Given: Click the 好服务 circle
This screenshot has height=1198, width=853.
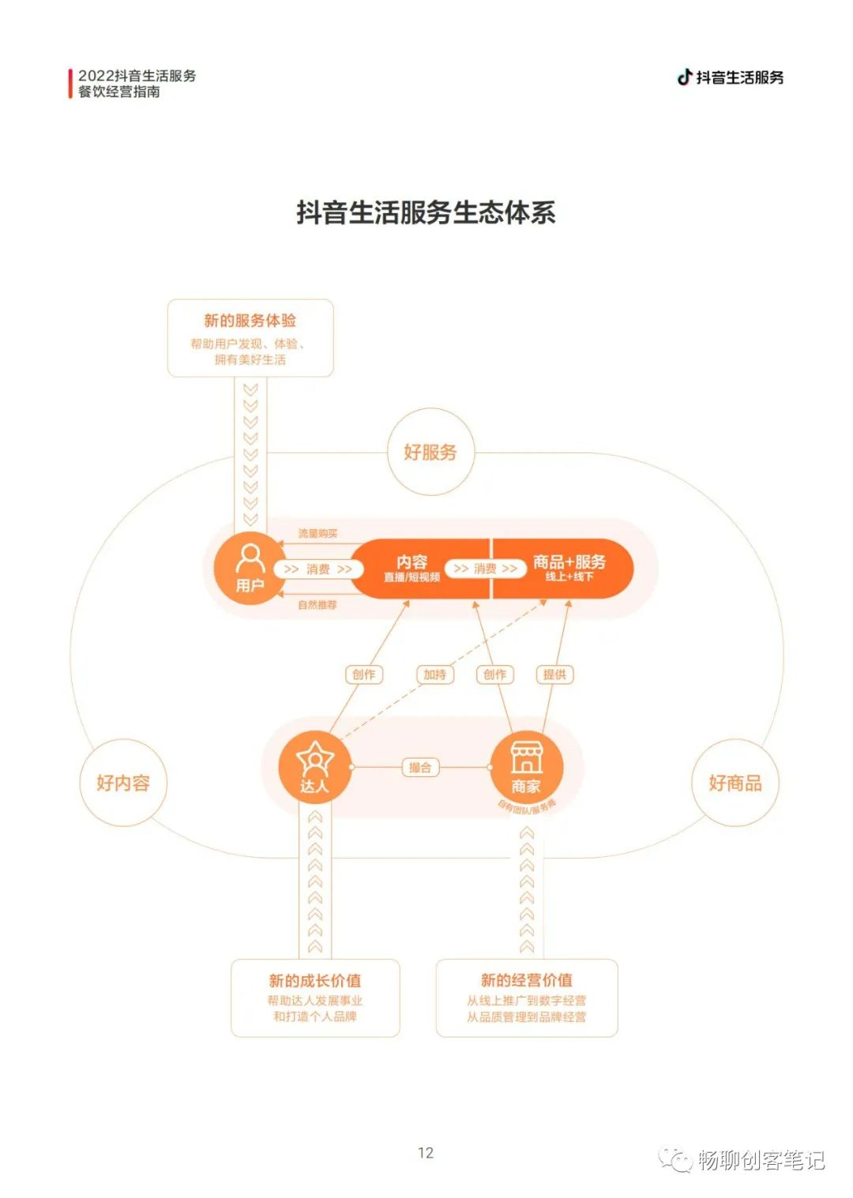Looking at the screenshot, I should (430, 452).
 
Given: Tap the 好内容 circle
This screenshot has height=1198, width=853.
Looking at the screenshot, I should (123, 783).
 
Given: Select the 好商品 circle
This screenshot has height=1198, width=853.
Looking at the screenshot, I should (735, 783).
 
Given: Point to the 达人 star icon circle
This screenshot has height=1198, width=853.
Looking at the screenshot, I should (314, 767).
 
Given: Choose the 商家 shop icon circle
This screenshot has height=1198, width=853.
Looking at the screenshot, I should (526, 767).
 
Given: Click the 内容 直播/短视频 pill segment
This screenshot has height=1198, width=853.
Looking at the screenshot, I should (412, 569).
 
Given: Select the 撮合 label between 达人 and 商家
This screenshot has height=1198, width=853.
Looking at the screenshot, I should (420, 768).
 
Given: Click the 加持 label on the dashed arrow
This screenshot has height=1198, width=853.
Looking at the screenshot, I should (434, 674).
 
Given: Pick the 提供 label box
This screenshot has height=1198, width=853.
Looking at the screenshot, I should (554, 674).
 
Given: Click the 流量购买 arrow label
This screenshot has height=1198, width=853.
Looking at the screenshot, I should (318, 534).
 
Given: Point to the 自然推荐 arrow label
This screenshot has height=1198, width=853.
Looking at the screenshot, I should (318, 605).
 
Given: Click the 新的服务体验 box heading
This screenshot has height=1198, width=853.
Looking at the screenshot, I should (250, 321).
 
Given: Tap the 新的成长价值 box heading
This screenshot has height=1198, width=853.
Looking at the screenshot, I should (315, 981).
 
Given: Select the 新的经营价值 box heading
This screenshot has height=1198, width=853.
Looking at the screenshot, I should (527, 981).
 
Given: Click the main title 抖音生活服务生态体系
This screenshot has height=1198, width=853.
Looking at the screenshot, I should (426, 212).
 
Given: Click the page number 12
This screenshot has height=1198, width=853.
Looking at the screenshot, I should (426, 1153).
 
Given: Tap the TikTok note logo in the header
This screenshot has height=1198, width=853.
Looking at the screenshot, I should (685, 77).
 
